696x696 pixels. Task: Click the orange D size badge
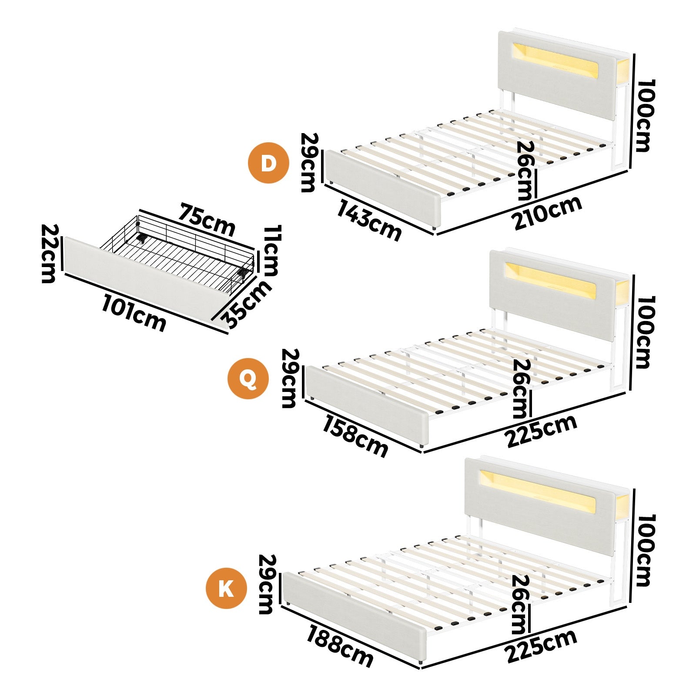coord(268,163)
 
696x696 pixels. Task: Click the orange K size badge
coord(226,589)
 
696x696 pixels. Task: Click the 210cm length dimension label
coord(547,213)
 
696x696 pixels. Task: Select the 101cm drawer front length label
coord(134,313)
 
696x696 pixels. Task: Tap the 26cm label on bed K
coord(521,605)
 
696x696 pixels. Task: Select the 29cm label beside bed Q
coord(290,378)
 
